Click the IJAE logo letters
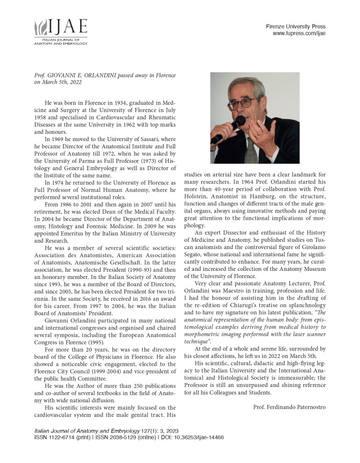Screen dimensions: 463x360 [68, 28]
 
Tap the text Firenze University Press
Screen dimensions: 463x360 [295, 27]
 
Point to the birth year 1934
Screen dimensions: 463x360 [117, 104]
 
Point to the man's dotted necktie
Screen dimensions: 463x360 [251, 151]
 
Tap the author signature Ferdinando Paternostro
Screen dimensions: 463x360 [289, 407]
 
